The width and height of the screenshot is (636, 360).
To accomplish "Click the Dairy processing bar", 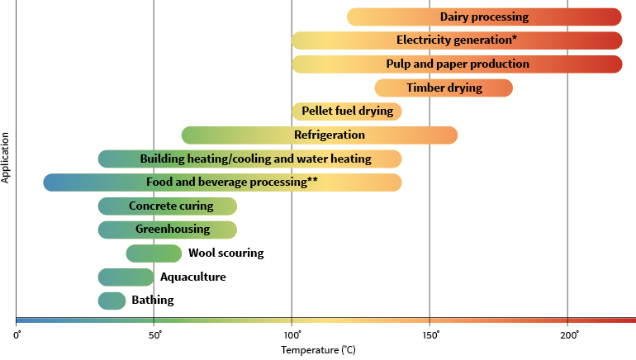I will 484,17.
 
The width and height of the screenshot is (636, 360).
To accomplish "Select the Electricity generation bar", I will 457,40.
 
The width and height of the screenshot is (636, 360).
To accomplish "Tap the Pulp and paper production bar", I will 457,64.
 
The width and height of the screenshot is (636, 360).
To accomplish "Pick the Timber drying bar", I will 444,88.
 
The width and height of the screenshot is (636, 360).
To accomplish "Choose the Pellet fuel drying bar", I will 347,111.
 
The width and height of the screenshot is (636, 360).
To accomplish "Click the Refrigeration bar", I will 320,135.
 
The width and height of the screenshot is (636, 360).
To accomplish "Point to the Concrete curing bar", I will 168,206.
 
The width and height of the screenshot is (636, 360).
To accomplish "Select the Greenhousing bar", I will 168,230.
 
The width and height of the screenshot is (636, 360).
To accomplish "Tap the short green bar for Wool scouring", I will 154,253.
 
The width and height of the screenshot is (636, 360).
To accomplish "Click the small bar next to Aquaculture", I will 126,277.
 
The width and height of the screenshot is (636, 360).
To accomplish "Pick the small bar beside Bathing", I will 112,301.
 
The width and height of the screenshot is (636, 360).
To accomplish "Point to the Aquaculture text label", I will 192,277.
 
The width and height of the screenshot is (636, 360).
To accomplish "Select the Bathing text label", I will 153,301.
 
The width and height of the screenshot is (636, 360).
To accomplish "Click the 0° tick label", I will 17,334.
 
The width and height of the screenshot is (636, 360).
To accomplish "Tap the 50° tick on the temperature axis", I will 154,334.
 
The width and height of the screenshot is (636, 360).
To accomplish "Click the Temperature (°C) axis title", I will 318,350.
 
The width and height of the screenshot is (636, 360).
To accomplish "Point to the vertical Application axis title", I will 7,157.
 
